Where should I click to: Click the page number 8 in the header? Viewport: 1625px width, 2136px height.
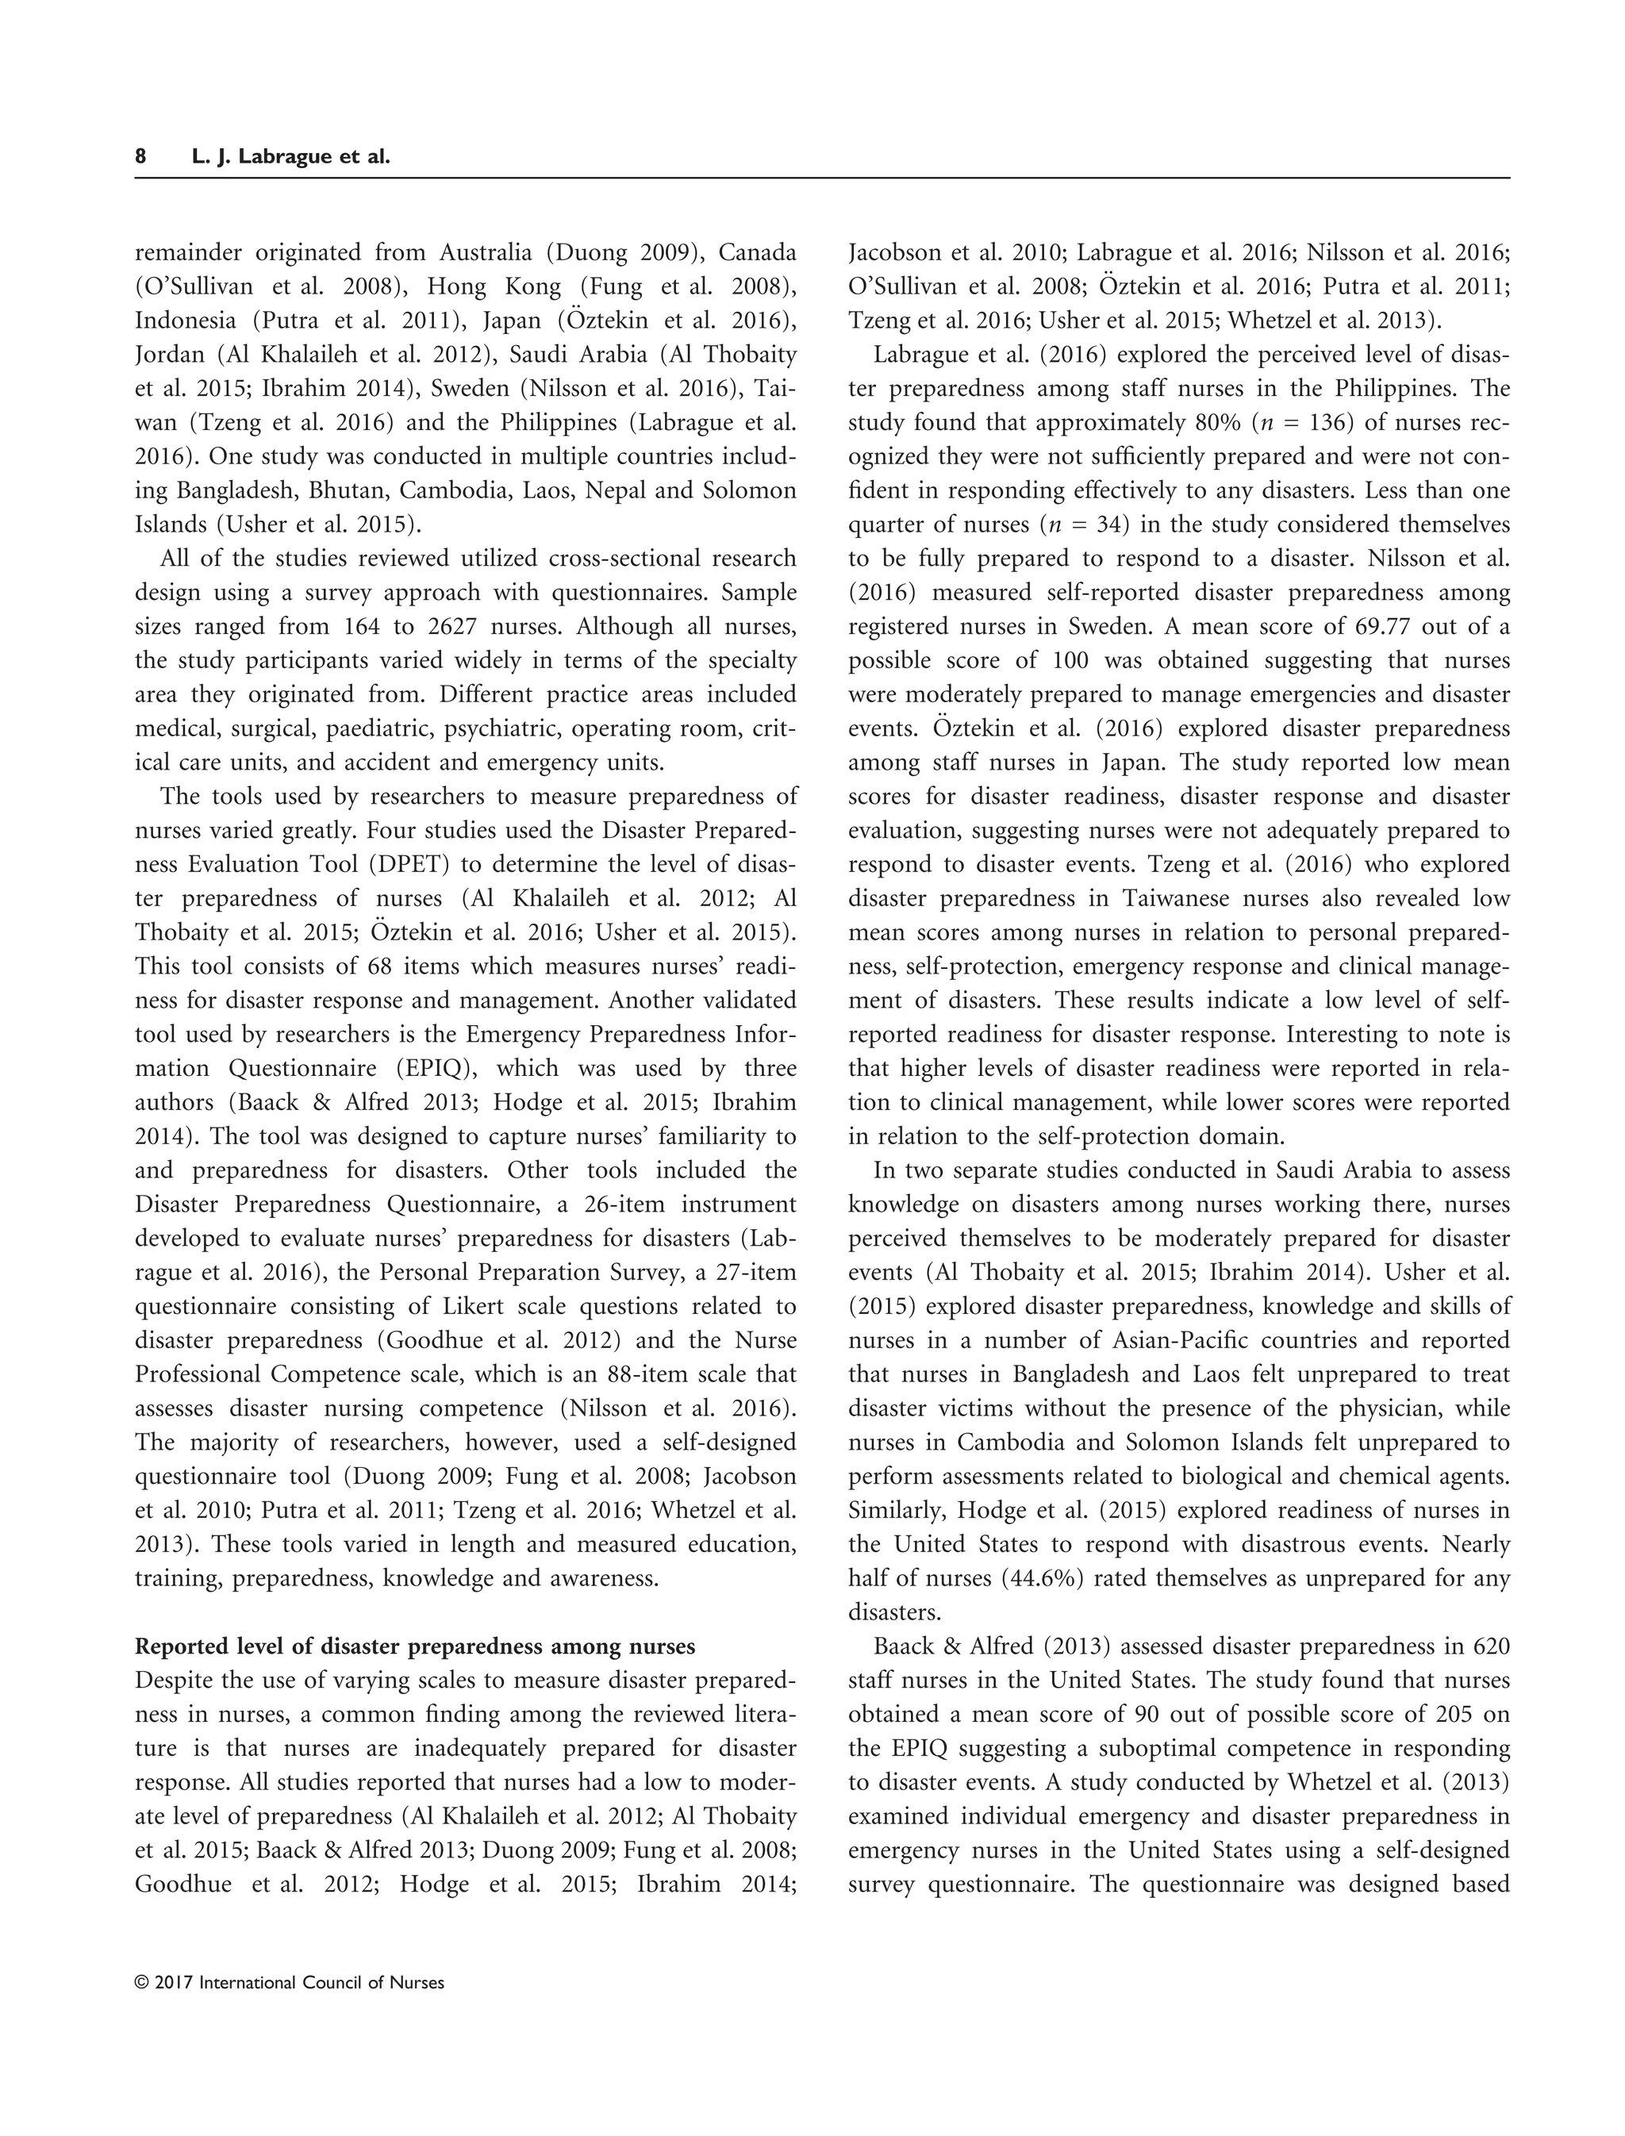point(141,157)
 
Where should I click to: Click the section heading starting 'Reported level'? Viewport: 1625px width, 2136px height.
point(415,1646)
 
